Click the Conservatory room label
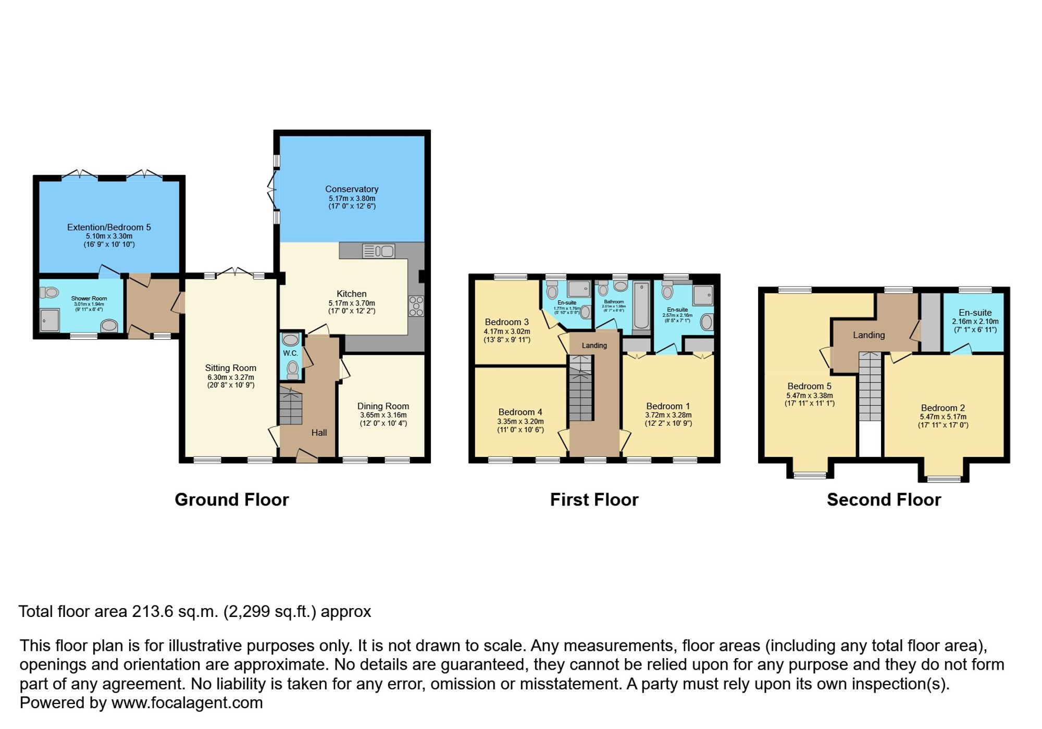coord(352,189)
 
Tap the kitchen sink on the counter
coord(378,251)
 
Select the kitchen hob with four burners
coord(416,306)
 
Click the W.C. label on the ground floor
coord(290,353)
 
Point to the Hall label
coord(319,433)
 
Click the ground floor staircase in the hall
coord(290,405)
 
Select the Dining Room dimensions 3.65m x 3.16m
coord(383,415)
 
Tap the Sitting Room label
coord(230,368)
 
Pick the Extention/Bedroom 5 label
coord(109,227)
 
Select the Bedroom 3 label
coord(506,322)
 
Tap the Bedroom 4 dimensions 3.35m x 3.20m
coord(520,422)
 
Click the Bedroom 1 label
coord(668,406)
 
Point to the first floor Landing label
coord(594,345)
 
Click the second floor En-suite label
coord(975,313)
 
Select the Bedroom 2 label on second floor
coord(942,408)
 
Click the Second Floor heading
coord(884,500)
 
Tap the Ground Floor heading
coord(231,500)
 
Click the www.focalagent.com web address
coord(187,702)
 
